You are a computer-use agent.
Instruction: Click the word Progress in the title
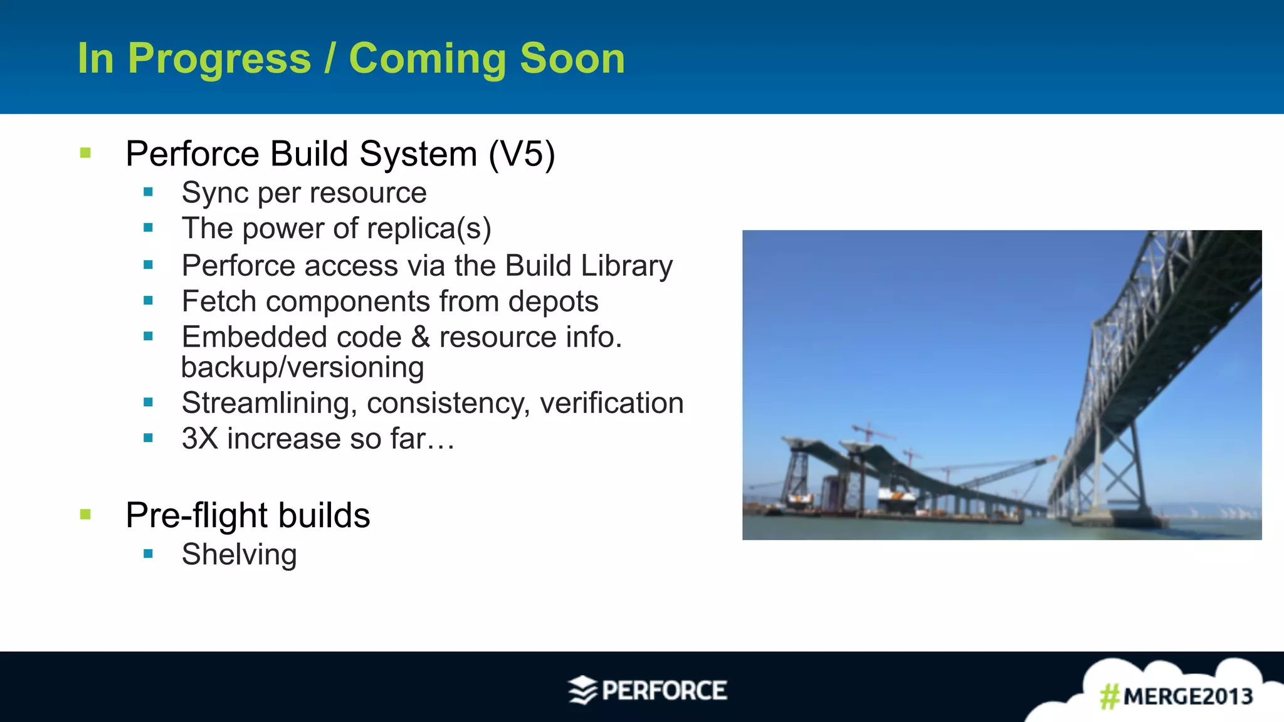219,59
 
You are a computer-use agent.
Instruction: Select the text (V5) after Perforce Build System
522,154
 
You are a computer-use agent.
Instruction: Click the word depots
553,301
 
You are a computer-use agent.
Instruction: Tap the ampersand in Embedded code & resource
420,337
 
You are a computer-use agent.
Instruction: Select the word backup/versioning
302,367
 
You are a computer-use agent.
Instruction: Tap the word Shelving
239,555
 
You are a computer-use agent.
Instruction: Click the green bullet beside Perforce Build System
86,153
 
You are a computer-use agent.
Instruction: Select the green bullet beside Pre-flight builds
86,515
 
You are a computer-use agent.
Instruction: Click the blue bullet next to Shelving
148,554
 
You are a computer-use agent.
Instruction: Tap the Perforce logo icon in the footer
582,691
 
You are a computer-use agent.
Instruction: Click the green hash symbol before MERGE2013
1109,696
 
